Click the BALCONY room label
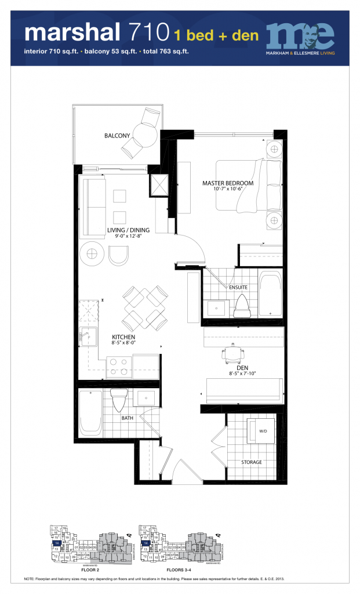pos(117,136)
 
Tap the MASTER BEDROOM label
pos(228,183)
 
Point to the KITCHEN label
pos(123,336)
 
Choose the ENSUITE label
pos(239,287)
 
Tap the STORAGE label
pos(252,462)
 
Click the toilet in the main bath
pos(119,400)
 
